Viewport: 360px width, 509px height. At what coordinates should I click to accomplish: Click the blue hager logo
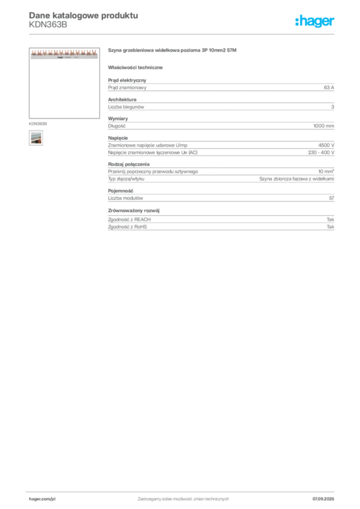315,22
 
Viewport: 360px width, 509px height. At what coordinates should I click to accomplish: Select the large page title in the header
83,15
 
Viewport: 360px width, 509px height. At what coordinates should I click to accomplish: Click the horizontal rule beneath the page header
183,34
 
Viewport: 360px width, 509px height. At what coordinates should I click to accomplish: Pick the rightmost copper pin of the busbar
96,52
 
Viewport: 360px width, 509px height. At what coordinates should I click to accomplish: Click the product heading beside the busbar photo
172,51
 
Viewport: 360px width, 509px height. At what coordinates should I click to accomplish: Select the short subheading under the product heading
137,67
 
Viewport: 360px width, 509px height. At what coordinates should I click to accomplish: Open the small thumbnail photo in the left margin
35,139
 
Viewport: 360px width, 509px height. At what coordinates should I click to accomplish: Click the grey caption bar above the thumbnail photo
38,122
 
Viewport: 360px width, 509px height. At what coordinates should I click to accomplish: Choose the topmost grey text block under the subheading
221,86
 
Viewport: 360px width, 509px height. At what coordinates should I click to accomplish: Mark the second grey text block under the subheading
221,105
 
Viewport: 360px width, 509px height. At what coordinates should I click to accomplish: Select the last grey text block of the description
221,221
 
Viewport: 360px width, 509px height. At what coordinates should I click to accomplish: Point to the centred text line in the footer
183,496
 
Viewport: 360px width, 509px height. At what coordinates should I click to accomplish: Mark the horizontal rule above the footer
183,490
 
